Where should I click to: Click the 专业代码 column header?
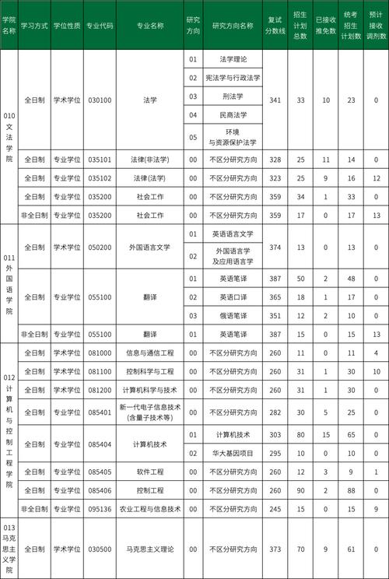[x=100, y=26]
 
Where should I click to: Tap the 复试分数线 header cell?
[x=275, y=26]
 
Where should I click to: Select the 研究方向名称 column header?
[x=233, y=26]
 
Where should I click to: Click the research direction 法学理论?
[x=233, y=59]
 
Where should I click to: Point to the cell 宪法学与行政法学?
[x=233, y=78]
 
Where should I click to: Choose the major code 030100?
[x=100, y=100]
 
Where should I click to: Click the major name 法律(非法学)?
[x=149, y=160]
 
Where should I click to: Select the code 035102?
[x=100, y=178]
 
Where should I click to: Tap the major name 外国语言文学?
[x=149, y=247]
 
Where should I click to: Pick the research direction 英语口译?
[x=233, y=297]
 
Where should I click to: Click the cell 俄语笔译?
[x=233, y=315]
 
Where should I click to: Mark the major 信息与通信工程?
[x=149, y=353]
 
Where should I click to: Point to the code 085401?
[x=100, y=412]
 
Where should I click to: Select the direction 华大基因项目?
[x=233, y=453]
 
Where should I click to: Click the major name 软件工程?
[x=149, y=472]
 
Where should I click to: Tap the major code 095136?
[x=100, y=509]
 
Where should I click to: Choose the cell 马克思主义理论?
[x=149, y=549]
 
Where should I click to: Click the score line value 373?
[x=275, y=549]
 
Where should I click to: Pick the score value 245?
[x=275, y=509]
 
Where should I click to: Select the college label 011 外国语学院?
[x=9, y=285]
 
